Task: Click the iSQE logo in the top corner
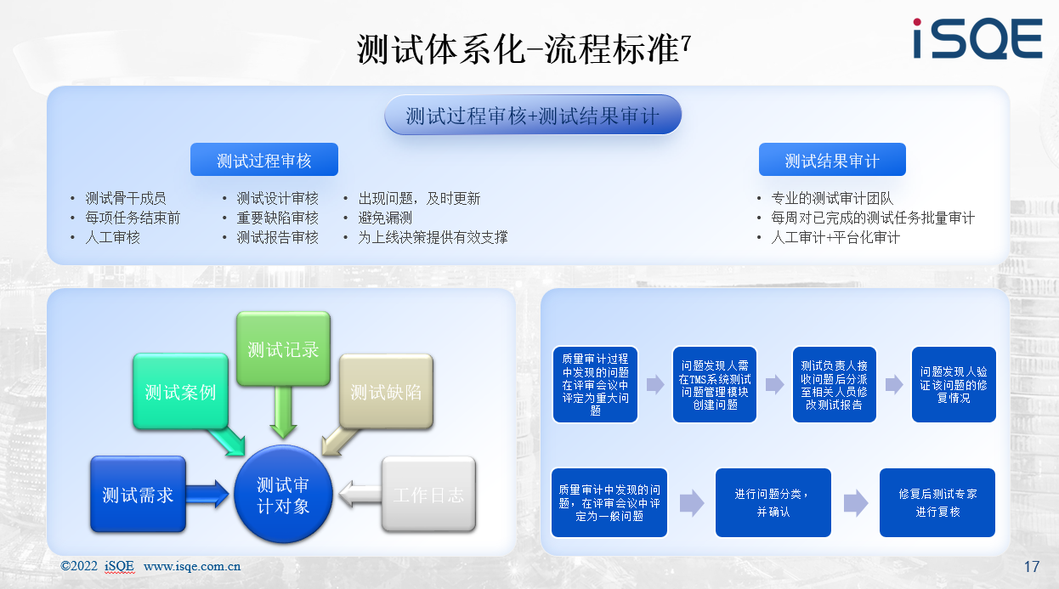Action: (977, 38)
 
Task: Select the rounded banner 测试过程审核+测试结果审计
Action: (533, 115)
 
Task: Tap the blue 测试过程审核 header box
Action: (264, 160)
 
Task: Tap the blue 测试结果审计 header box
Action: (832, 160)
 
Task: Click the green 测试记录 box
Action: (283, 348)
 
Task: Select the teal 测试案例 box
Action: (180, 392)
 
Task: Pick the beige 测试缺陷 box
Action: (386, 392)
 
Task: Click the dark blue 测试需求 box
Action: (138, 495)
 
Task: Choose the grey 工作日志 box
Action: (428, 495)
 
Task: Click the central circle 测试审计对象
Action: (283, 494)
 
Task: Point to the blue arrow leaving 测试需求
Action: (207, 494)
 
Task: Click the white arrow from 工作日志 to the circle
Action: (360, 494)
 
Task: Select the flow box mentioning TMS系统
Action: (714, 384)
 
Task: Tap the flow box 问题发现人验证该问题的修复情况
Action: (954, 384)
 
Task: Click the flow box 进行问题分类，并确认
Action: (773, 502)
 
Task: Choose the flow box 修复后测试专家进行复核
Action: (937, 502)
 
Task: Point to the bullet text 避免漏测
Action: (385, 218)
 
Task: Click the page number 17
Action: (1032, 566)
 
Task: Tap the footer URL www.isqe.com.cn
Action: (192, 566)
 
